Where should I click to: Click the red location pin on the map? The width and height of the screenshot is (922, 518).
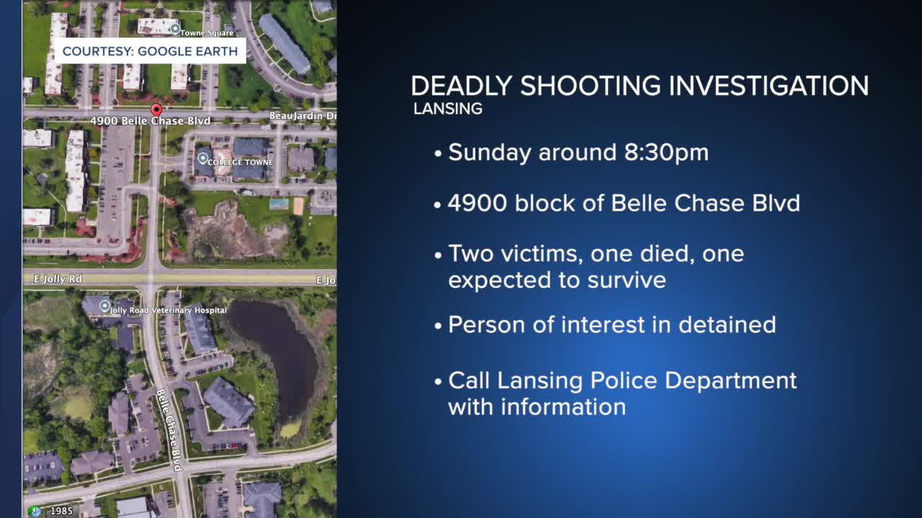[156, 110]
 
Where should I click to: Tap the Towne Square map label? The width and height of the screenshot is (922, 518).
[207, 33]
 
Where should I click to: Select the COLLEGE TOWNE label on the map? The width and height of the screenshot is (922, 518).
[240, 162]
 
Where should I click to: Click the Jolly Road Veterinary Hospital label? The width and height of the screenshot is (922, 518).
[169, 310]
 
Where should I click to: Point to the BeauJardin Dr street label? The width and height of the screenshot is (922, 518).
[303, 116]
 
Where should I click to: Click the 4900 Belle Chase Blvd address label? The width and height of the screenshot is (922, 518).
[151, 120]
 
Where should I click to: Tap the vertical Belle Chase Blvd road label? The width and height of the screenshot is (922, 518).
[169, 430]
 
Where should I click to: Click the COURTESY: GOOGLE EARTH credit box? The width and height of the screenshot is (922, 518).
[151, 51]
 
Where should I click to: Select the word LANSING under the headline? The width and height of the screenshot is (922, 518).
[448, 109]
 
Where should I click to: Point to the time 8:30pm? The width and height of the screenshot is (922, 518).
[666, 153]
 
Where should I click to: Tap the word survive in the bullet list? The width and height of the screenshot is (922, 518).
[627, 281]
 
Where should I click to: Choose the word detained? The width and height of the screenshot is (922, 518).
[728, 324]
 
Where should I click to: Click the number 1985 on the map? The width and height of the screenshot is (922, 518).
[61, 511]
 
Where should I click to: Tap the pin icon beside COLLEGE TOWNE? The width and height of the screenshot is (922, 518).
[202, 158]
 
